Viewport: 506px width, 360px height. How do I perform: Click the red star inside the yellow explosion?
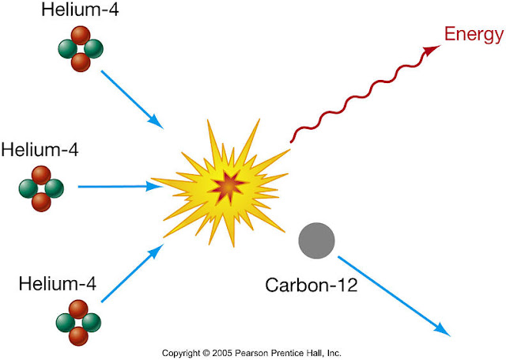pos(226,184)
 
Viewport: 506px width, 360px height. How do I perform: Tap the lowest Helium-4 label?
pos(59,282)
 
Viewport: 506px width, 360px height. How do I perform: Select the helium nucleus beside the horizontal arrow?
pos(41,188)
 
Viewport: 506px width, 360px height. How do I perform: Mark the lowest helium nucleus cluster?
pos(78,322)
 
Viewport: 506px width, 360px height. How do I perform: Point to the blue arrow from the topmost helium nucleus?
pos(132,100)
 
